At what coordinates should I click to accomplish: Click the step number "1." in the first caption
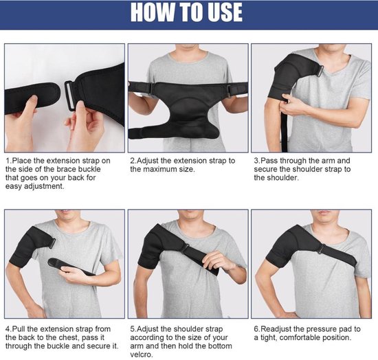point(8,160)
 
